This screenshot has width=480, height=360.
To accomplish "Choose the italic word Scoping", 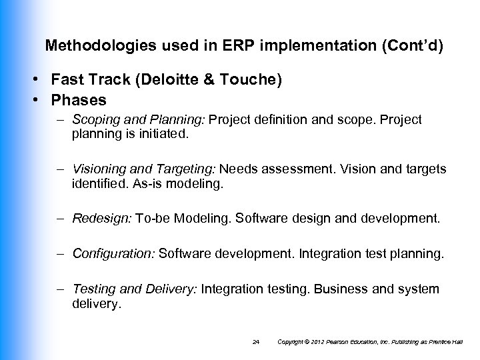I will point(94,120).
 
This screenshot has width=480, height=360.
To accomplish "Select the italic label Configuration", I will point(113,253).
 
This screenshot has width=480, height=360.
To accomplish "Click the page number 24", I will point(257,342).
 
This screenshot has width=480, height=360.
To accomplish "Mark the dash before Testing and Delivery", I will point(61,289).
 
